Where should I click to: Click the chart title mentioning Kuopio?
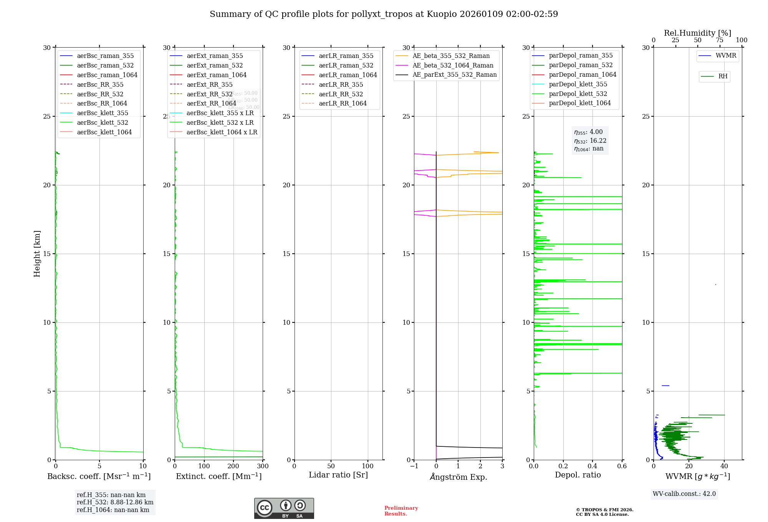click(x=384, y=14)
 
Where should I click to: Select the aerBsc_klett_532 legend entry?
click(x=102, y=122)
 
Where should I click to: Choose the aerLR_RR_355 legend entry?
click(x=341, y=84)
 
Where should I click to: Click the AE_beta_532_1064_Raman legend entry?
click(x=453, y=65)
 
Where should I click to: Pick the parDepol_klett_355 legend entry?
click(x=578, y=84)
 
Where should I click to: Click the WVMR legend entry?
click(x=725, y=56)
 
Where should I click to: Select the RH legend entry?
click(x=722, y=76)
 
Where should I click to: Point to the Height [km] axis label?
click(x=37, y=254)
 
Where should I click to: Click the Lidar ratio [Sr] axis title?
click(x=338, y=475)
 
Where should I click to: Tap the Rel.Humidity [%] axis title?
click(x=697, y=33)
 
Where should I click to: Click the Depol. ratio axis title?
click(x=578, y=475)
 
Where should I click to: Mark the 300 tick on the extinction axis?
click(x=263, y=466)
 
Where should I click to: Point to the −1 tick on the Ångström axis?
click(x=414, y=466)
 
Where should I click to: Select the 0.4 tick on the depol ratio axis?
click(x=593, y=466)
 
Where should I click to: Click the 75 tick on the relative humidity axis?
click(x=720, y=40)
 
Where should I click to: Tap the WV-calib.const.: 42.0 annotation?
click(x=684, y=494)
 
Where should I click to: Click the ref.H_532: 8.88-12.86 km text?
click(x=115, y=502)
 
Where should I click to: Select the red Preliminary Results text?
click(x=401, y=510)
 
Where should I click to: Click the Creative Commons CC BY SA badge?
click(x=284, y=508)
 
